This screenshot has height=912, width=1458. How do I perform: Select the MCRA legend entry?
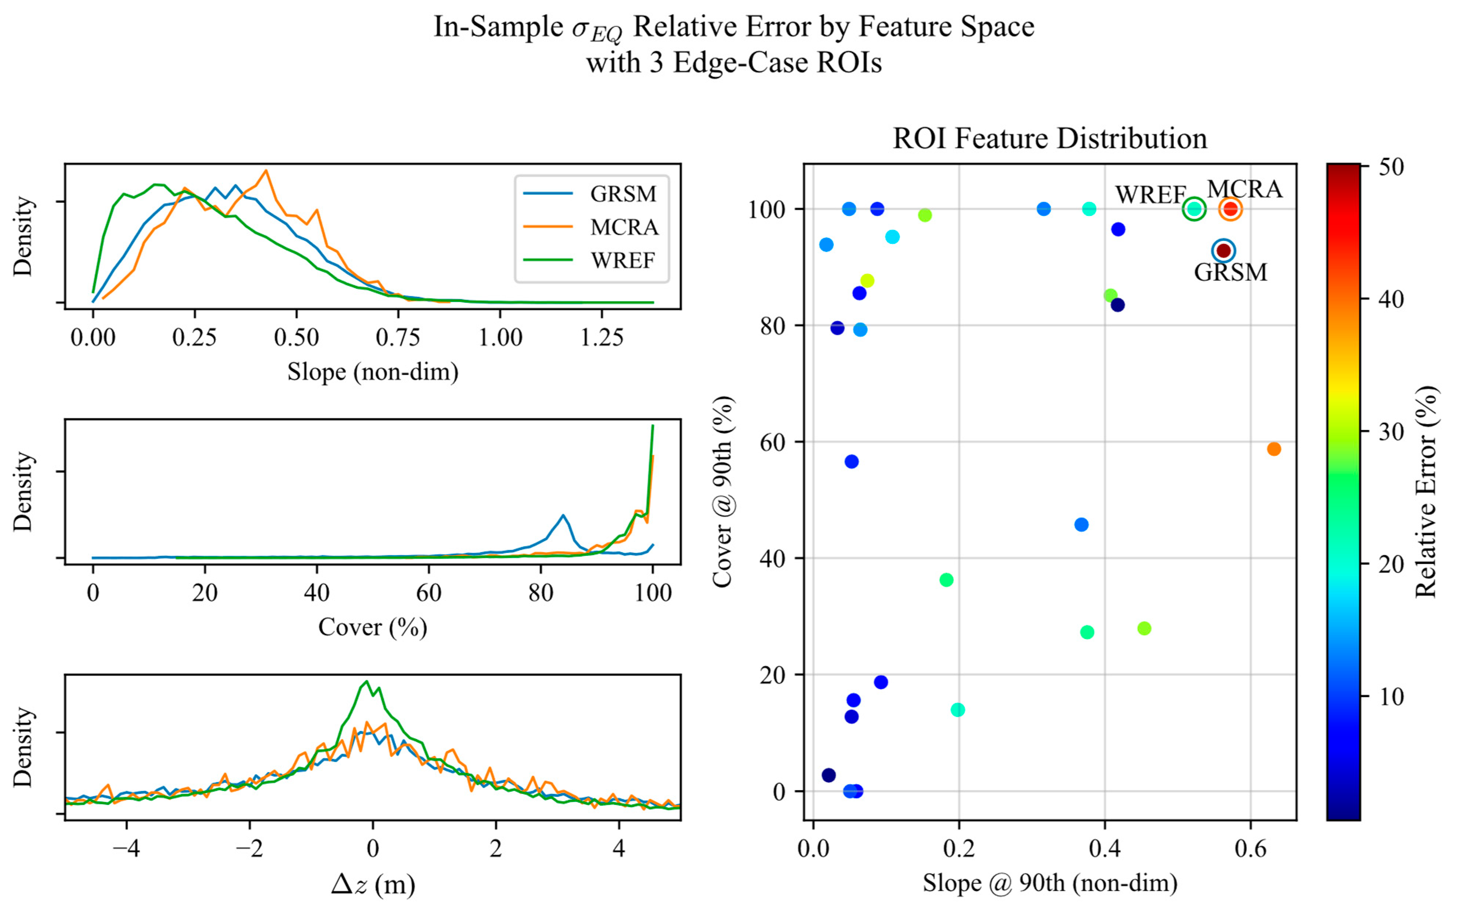point(623,227)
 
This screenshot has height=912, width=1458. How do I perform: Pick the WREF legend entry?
point(622,260)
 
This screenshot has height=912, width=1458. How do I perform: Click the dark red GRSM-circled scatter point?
point(1223,250)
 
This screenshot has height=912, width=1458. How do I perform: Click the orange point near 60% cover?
point(1273,449)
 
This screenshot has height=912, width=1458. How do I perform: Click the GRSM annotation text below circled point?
point(1231,273)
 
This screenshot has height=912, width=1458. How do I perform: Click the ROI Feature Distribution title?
point(1050,139)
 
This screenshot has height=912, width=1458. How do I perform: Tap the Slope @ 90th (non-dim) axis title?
point(1050,883)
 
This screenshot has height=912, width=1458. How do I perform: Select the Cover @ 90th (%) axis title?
point(722,492)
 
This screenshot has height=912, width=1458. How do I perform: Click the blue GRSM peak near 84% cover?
point(563,515)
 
